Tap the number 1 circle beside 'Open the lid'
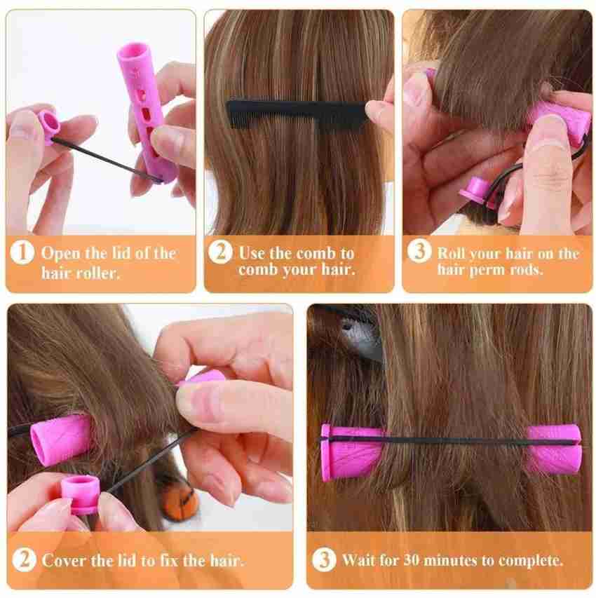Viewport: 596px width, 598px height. (x=25, y=252)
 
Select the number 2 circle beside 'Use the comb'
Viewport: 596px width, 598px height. (x=222, y=252)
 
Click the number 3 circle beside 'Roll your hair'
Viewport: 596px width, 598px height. (x=420, y=252)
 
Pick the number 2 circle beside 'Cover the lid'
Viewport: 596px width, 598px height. (x=25, y=560)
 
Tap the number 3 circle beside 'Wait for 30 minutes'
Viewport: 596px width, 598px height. (x=325, y=560)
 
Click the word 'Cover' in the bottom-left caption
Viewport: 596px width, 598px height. (x=64, y=560)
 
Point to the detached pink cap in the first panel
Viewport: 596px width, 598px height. (x=49, y=124)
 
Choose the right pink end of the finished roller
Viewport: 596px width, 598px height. (x=554, y=449)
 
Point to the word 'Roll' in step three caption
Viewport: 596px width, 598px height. (x=453, y=253)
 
